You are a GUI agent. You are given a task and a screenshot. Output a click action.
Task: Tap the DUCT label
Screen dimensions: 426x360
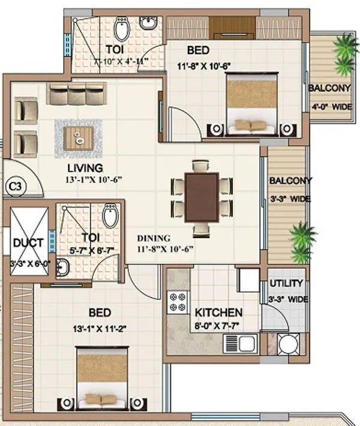click(x=28, y=243)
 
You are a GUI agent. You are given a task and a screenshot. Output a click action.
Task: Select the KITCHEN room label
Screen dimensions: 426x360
click(x=218, y=313)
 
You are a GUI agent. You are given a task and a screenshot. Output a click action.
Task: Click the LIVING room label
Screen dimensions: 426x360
click(x=85, y=168)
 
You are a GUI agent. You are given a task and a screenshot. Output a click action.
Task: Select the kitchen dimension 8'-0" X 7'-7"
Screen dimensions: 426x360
click(x=218, y=328)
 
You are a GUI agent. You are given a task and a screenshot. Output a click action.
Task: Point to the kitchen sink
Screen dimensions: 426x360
click(x=240, y=344)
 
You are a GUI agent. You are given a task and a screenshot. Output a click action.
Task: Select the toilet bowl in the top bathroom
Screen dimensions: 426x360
click(x=122, y=27)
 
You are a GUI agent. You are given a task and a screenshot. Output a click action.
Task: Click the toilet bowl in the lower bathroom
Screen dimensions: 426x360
click(x=109, y=216)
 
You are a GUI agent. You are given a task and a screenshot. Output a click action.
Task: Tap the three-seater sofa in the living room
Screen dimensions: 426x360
click(x=76, y=93)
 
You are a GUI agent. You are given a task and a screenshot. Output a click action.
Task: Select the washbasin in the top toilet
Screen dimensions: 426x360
click(x=148, y=23)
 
